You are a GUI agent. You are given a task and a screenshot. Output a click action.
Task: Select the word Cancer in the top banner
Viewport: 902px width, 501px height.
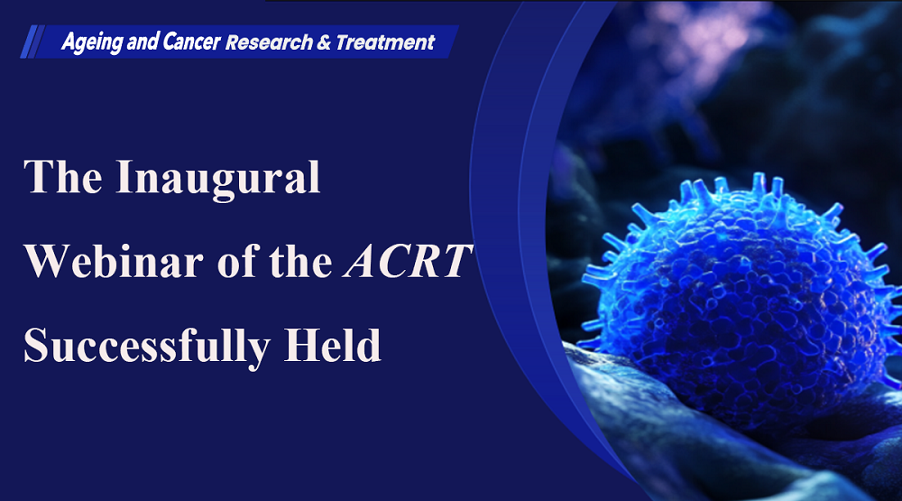tap(191, 42)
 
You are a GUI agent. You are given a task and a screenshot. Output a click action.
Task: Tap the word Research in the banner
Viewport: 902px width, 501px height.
tap(269, 42)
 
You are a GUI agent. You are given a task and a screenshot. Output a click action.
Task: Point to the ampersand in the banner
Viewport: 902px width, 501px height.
tap(324, 42)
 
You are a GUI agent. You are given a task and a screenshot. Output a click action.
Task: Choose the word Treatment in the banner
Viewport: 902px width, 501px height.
tap(385, 42)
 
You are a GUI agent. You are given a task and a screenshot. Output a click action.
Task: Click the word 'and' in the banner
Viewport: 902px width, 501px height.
tap(143, 42)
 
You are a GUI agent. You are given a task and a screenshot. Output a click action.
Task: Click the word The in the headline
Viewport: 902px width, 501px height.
tap(63, 177)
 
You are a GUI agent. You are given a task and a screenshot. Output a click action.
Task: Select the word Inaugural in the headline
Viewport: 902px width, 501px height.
tap(218, 180)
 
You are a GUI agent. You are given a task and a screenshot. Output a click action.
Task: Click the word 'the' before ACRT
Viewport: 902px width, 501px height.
tap(301, 261)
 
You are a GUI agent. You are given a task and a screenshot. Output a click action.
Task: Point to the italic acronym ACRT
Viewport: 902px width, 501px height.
tap(408, 261)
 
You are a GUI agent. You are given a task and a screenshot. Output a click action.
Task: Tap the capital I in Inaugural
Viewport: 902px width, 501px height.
tap(124, 177)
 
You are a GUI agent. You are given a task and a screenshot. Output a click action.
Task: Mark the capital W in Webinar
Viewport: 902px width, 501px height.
tap(48, 262)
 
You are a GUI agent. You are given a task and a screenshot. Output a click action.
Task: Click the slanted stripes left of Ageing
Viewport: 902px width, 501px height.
tap(32, 42)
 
